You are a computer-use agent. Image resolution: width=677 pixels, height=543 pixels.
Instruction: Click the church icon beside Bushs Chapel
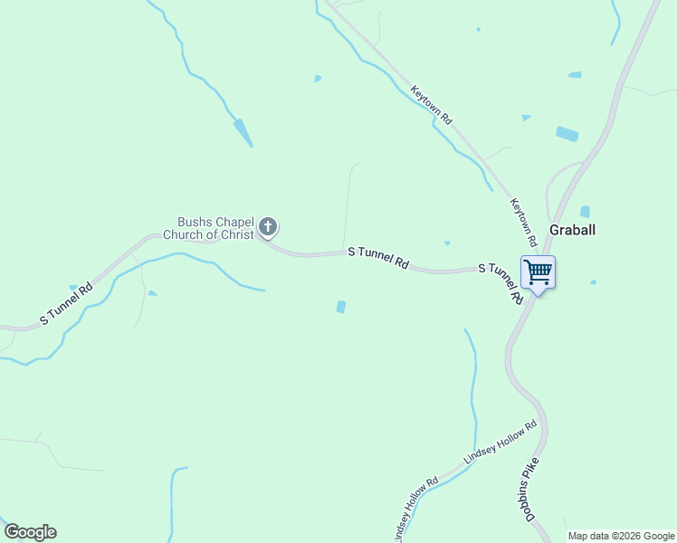tap(267, 226)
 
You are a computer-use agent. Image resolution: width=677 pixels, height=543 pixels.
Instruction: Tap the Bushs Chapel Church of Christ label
tap(208, 228)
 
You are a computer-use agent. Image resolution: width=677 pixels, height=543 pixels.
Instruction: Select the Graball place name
tap(572, 230)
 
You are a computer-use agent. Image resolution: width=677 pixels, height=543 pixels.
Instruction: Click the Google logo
tap(30, 532)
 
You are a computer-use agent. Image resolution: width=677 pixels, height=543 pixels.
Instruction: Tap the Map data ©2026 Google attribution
tap(622, 536)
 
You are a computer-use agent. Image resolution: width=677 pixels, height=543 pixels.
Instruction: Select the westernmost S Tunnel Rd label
tap(66, 305)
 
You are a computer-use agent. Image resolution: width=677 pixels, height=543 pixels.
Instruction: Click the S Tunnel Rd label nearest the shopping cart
tap(501, 281)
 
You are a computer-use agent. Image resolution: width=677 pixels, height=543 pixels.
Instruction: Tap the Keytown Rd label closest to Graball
tap(524, 223)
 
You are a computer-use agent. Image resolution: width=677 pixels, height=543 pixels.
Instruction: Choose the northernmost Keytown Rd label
tap(431, 105)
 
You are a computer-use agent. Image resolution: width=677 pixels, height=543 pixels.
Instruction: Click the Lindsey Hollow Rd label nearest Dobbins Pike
tap(501, 443)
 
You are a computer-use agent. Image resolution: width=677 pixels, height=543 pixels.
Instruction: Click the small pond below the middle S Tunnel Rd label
tap(340, 307)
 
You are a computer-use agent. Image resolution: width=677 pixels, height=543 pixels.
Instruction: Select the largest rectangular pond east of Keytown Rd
tap(567, 134)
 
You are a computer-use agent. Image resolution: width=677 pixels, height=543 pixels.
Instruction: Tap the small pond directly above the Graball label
tap(585, 212)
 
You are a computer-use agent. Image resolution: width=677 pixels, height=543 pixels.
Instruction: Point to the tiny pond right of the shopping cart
tap(594, 282)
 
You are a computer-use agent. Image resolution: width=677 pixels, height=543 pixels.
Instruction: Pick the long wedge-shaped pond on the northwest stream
tap(243, 132)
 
